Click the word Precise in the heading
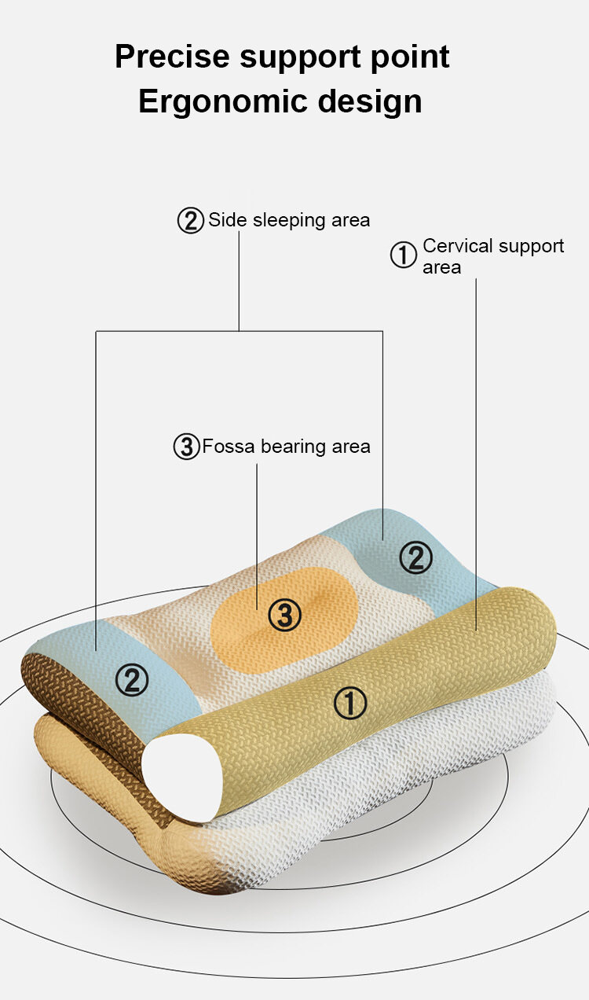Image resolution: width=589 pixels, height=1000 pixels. point(172,57)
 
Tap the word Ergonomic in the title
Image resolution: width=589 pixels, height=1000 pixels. point(222,101)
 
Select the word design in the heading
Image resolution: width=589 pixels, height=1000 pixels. point(370,101)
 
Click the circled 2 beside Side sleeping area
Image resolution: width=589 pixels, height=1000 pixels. point(190,221)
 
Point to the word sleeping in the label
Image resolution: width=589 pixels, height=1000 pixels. point(289,221)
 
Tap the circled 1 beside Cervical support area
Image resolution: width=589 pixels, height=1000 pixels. point(403,255)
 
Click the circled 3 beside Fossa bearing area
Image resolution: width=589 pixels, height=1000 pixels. point(186,447)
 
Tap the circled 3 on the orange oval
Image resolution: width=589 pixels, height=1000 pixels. point(284,616)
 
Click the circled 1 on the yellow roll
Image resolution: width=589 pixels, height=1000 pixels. point(350,703)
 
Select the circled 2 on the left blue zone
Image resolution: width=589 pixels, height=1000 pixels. point(131,680)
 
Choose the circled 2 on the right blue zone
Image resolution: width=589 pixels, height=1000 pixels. point(415,557)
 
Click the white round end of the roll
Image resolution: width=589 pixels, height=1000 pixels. point(183,778)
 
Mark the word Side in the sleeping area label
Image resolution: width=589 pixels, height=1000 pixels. point(228,219)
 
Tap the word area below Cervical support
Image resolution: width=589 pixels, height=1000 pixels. point(441,268)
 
